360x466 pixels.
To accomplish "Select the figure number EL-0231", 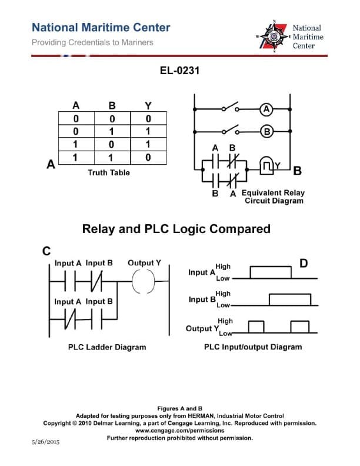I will click(180, 71).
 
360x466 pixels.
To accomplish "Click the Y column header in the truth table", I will click(148, 106).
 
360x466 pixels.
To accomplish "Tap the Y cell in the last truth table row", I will click(148, 157).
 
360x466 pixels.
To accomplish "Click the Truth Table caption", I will click(109, 172).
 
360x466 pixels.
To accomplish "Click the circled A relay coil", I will click(266, 109).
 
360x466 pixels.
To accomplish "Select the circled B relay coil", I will click(266, 131).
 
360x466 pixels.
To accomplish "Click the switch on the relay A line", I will click(229, 109).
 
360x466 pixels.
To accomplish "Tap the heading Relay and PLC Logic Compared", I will click(176, 229).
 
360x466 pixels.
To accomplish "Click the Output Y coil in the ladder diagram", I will click(144, 282).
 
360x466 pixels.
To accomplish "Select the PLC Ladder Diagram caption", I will click(107, 347).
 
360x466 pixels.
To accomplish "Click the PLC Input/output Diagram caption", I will click(253, 347).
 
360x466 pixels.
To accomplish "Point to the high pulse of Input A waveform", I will click(270, 272).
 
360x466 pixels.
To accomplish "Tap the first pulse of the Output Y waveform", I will click(256, 326).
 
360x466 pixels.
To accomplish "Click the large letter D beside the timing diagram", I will click(304, 262).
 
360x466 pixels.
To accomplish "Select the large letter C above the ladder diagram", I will click(46, 251).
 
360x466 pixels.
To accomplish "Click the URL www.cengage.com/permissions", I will click(180, 430).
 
